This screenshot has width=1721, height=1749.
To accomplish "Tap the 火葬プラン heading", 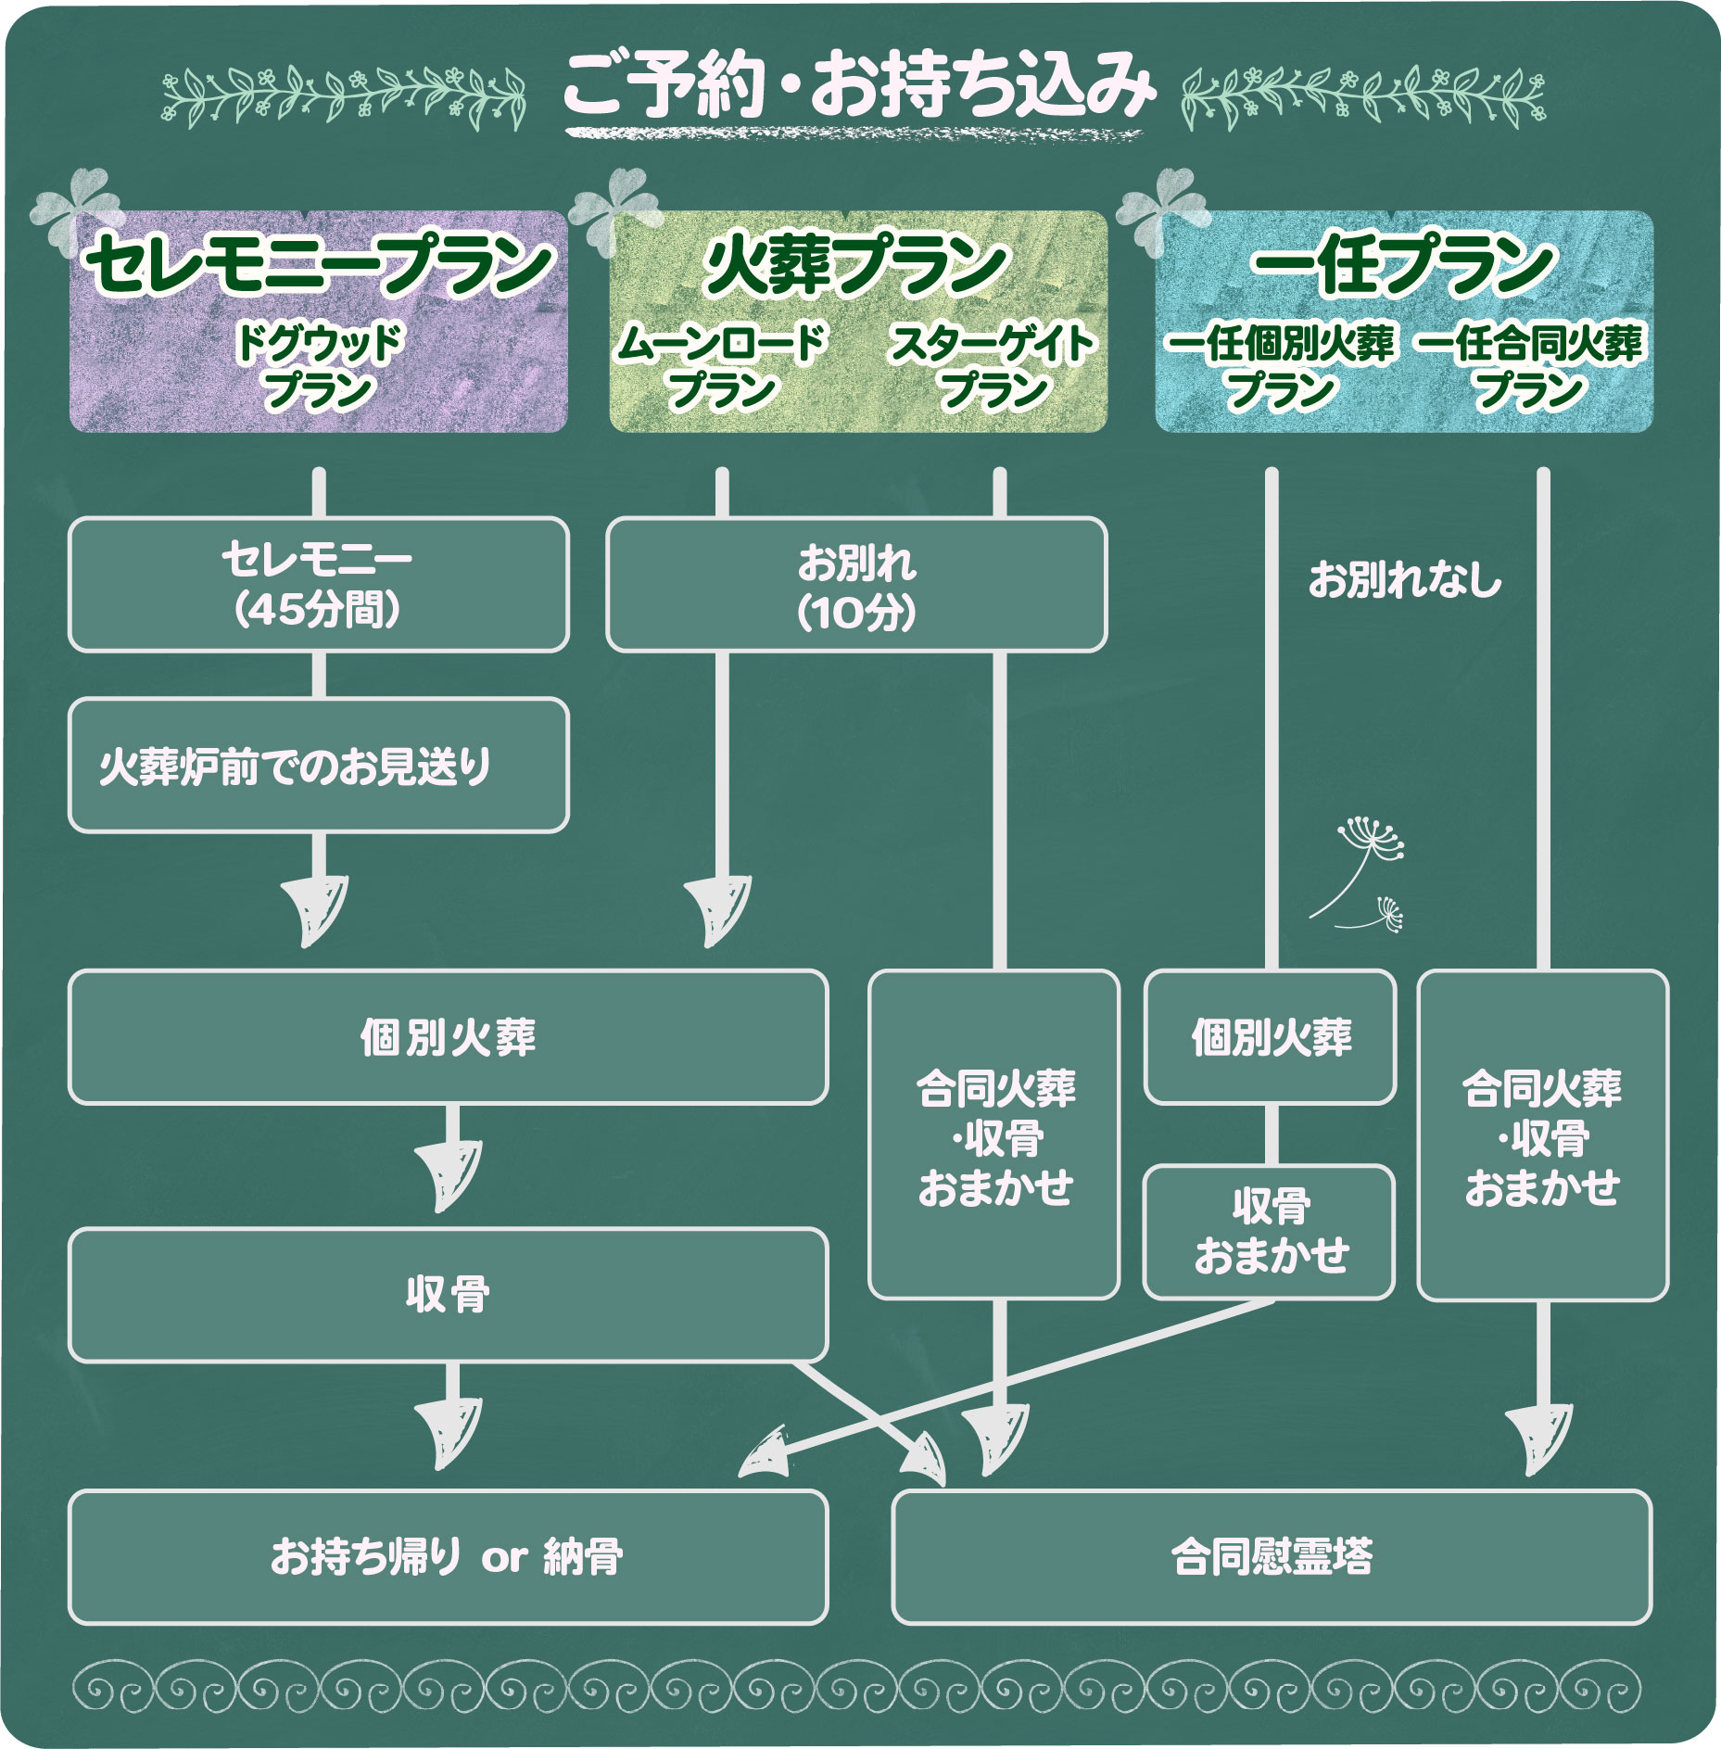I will click(856, 265).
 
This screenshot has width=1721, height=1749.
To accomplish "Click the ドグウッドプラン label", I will click(318, 367).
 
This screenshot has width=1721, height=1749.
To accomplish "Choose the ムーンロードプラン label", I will click(721, 367).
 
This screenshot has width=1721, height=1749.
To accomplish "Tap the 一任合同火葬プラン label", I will click(1529, 367).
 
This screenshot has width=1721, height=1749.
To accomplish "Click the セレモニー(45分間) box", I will click(318, 584).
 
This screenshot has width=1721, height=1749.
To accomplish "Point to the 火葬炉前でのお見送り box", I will click(318, 766).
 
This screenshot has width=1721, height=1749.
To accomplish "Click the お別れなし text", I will click(1404, 580).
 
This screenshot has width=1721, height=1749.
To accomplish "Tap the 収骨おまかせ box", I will click(1270, 1232).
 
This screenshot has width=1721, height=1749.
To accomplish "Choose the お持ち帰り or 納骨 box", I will click(448, 1557).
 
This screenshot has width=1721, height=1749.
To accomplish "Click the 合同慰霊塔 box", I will click(1272, 1557).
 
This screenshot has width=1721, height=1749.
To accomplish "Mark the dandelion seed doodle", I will click(1362, 871).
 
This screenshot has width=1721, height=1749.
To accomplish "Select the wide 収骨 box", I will click(448, 1295).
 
